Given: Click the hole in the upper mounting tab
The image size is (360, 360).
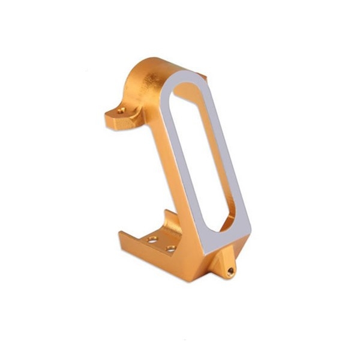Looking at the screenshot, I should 122,111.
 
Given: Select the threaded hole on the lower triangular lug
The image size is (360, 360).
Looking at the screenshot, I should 230,271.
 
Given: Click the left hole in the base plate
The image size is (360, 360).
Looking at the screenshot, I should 153,239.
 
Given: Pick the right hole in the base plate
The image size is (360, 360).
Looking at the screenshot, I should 170,248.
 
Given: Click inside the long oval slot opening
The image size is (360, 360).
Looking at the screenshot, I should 198,156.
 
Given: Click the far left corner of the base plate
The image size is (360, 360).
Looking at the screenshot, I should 122,235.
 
